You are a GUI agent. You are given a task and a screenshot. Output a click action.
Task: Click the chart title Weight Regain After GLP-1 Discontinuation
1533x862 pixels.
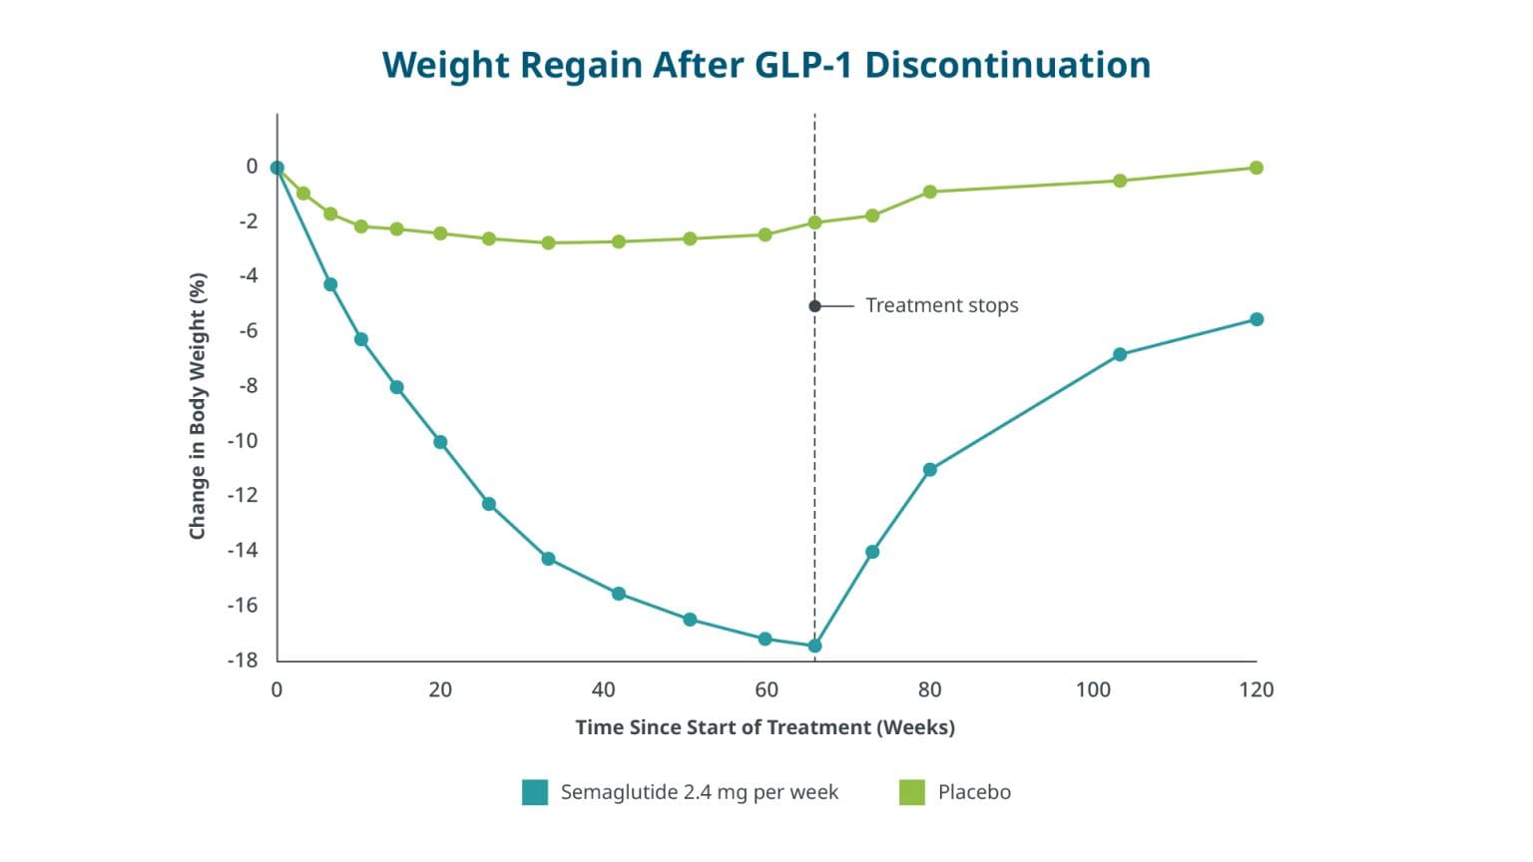(x=766, y=66)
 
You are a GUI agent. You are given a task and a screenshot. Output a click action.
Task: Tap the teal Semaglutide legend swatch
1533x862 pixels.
(x=535, y=792)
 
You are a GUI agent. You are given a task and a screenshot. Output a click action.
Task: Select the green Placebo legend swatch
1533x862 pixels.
(x=911, y=792)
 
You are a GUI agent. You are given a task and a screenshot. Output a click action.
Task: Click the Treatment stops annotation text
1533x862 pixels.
(x=942, y=305)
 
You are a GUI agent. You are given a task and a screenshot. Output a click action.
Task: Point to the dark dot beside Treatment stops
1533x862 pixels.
(x=814, y=306)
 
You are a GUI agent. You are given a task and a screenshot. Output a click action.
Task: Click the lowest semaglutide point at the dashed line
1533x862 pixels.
(x=814, y=646)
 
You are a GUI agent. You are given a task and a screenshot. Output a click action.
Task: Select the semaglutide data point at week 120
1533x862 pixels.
(x=1257, y=319)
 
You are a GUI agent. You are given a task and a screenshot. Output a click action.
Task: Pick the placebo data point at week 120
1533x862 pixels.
(x=1257, y=168)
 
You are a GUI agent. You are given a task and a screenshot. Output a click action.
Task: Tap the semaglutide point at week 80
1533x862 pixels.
(x=929, y=469)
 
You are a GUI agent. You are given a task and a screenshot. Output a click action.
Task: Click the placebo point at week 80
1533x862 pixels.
(x=929, y=192)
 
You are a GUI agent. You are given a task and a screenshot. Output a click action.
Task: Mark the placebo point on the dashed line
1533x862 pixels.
(x=814, y=222)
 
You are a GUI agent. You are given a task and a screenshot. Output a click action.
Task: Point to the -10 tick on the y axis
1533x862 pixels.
(x=243, y=441)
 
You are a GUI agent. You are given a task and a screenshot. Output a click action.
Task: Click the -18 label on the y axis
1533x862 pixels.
(x=243, y=660)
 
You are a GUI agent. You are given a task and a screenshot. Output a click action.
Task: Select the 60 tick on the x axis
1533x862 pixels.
(x=766, y=689)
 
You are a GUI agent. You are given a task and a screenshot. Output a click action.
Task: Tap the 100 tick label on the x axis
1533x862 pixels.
(x=1093, y=689)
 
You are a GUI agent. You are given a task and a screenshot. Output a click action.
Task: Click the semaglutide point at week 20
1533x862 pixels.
(x=440, y=442)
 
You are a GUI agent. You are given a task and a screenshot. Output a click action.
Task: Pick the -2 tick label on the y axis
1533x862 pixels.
(x=249, y=220)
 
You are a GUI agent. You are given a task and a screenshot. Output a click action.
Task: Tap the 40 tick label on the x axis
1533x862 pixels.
(x=603, y=689)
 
